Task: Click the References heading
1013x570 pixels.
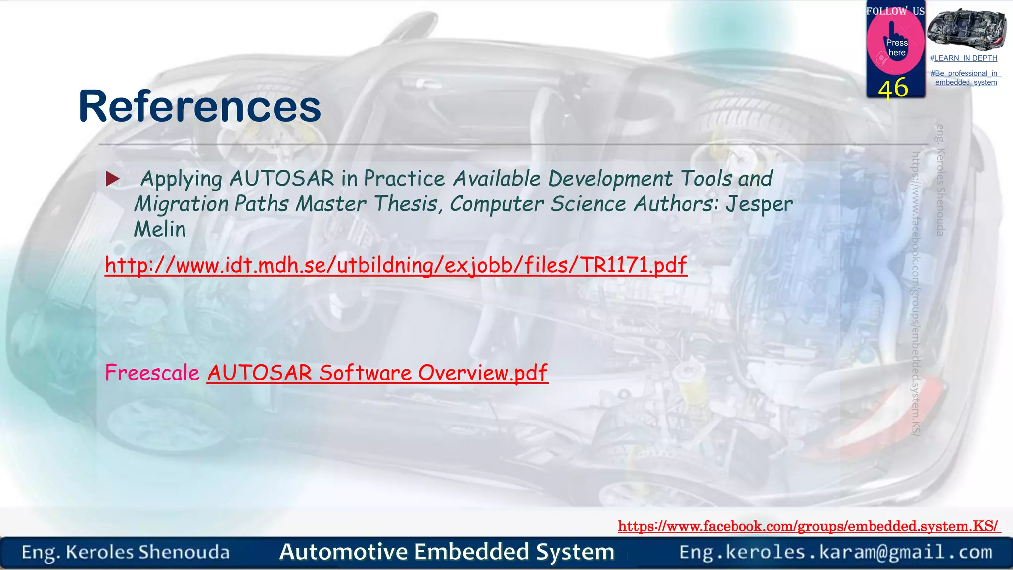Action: click(x=199, y=106)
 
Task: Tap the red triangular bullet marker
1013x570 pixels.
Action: click(x=113, y=179)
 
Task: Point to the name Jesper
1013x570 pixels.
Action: click(x=758, y=204)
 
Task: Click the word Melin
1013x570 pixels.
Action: click(x=160, y=229)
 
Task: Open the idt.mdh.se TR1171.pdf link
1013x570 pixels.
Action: click(x=396, y=265)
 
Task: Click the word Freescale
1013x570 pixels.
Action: click(x=152, y=373)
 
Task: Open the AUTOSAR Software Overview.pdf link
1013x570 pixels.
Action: click(x=377, y=373)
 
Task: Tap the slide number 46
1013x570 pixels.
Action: click(x=893, y=89)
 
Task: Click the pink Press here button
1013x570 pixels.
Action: click(x=896, y=47)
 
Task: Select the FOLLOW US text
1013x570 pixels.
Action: click(x=895, y=11)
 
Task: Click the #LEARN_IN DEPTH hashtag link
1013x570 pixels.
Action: click(x=964, y=58)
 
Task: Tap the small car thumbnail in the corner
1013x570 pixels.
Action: click(x=967, y=29)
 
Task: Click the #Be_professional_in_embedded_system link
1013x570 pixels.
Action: click(x=966, y=78)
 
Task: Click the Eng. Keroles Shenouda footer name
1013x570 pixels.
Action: click(x=126, y=552)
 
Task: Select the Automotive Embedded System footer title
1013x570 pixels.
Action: click(x=447, y=552)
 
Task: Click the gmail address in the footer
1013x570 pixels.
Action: click(x=835, y=552)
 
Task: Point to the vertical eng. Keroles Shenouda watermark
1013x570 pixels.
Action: click(x=940, y=180)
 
